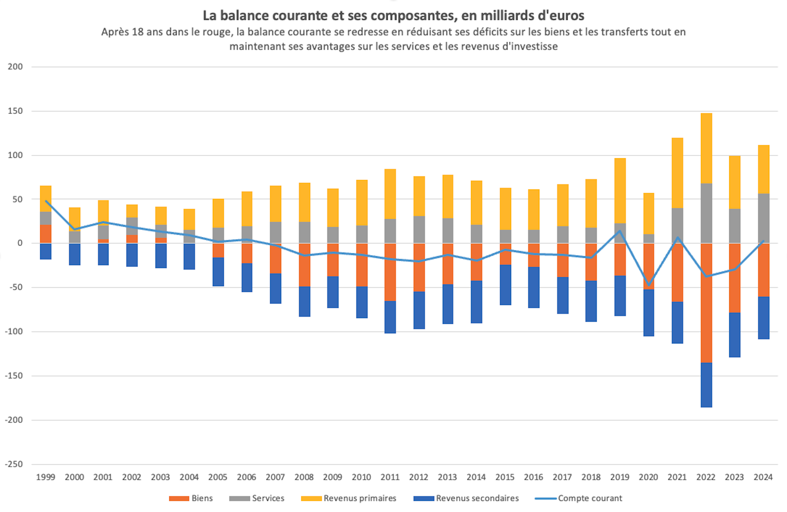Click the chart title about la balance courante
(393, 16)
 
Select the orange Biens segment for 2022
(706, 303)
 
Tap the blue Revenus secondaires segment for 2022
(706, 385)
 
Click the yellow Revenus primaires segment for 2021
(677, 173)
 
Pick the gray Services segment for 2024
(764, 218)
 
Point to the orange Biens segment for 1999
(45, 234)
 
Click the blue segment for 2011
(390, 317)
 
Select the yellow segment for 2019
(620, 191)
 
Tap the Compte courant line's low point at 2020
(649, 285)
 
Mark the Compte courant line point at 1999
(45, 201)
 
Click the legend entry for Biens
(191, 498)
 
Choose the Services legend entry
(257, 498)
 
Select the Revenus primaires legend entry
(349, 498)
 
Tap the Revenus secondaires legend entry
(466, 498)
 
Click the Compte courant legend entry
(579, 498)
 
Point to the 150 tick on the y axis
(15, 111)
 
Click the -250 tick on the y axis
(14, 464)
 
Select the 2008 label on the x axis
(304, 477)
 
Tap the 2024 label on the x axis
(763, 477)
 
